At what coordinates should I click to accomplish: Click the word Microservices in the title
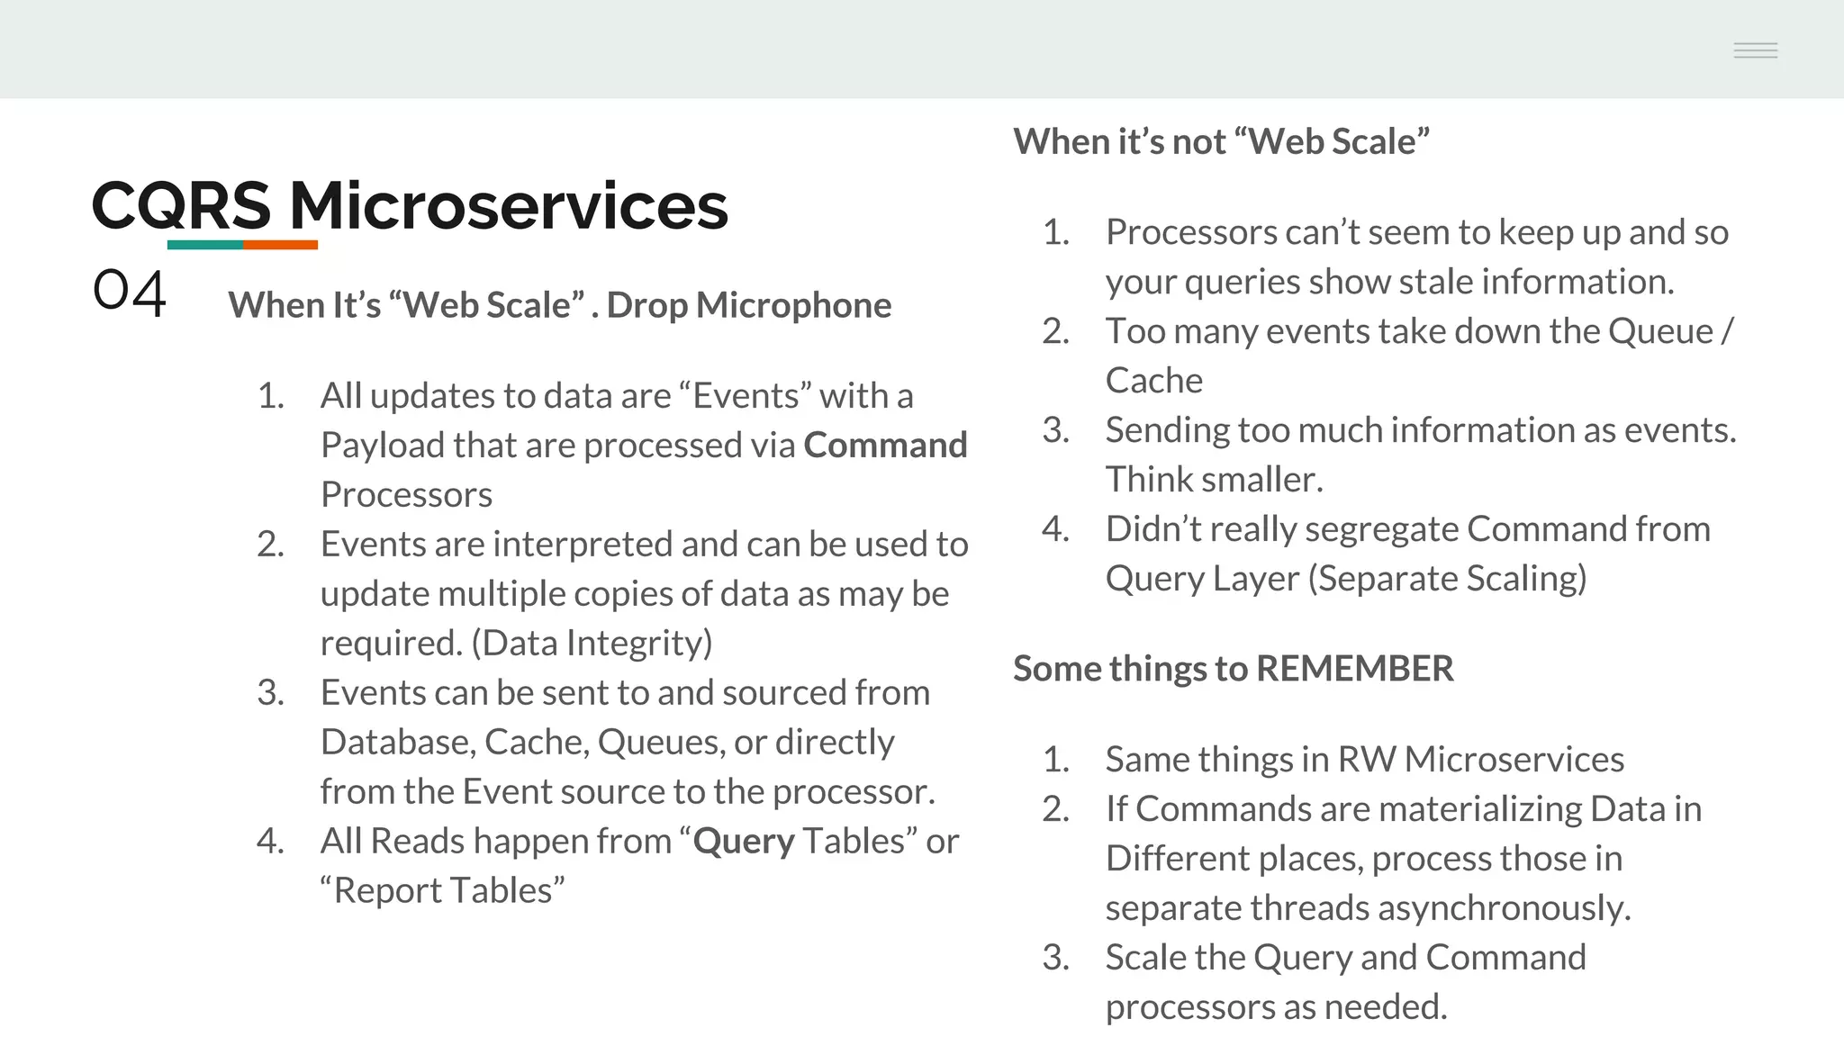click(508, 206)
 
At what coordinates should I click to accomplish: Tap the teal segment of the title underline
click(205, 244)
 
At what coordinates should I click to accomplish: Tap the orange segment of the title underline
click(280, 244)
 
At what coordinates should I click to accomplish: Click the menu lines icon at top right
click(1755, 50)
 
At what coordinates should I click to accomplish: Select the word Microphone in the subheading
click(793, 306)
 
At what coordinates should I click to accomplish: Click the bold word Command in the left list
click(885, 446)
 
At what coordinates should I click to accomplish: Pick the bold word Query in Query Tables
click(744, 842)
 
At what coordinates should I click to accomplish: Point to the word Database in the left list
click(396, 743)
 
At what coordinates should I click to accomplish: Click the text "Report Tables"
click(442, 891)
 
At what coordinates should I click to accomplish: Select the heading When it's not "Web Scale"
click(1220, 142)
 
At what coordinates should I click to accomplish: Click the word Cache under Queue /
click(1153, 381)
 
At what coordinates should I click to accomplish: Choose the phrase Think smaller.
click(1214, 480)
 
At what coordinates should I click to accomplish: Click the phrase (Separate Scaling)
click(1446, 579)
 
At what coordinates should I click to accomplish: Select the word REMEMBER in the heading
click(1354, 669)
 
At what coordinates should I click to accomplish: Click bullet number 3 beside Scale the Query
click(1055, 958)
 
